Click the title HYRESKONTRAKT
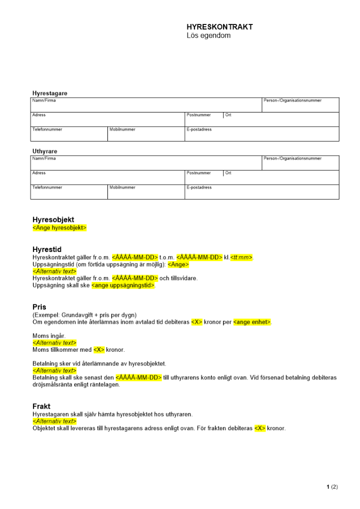(219, 27)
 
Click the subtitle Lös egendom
(208, 36)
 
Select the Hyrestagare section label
(50, 94)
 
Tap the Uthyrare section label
(45, 151)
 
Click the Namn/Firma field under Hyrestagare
(146, 105)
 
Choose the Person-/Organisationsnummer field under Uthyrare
(300, 163)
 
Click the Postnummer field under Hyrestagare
(204, 120)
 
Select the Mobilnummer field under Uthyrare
(146, 192)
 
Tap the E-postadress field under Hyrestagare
(262, 134)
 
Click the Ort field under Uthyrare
(281, 177)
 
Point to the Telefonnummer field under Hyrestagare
(69, 134)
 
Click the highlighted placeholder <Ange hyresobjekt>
(60, 228)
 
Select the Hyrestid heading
(47, 250)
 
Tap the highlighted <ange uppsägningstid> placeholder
(123, 286)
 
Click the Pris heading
(39, 307)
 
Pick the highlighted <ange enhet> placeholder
(252, 322)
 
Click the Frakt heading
(41, 407)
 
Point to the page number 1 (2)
(332, 487)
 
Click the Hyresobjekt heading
(53, 220)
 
